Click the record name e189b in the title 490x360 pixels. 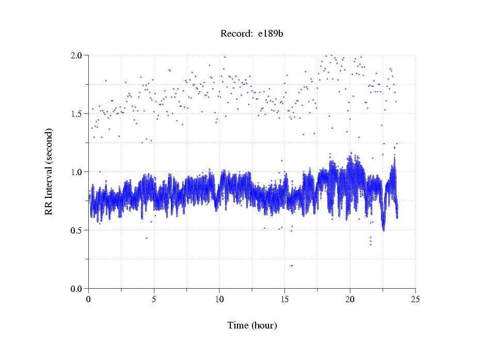click(271, 34)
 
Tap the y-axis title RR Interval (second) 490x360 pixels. click(49, 171)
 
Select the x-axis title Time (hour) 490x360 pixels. click(252, 325)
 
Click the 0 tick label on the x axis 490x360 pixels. click(89, 299)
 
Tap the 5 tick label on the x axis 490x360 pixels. click(154, 299)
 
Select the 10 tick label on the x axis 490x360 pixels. click(219, 299)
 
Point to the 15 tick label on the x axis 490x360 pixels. click(285, 299)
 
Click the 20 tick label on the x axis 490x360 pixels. click(350, 299)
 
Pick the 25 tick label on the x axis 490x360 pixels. click(416, 299)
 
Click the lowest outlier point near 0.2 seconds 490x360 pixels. click(292, 265)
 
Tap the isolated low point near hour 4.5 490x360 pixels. click(147, 238)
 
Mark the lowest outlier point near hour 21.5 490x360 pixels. click(370, 244)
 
